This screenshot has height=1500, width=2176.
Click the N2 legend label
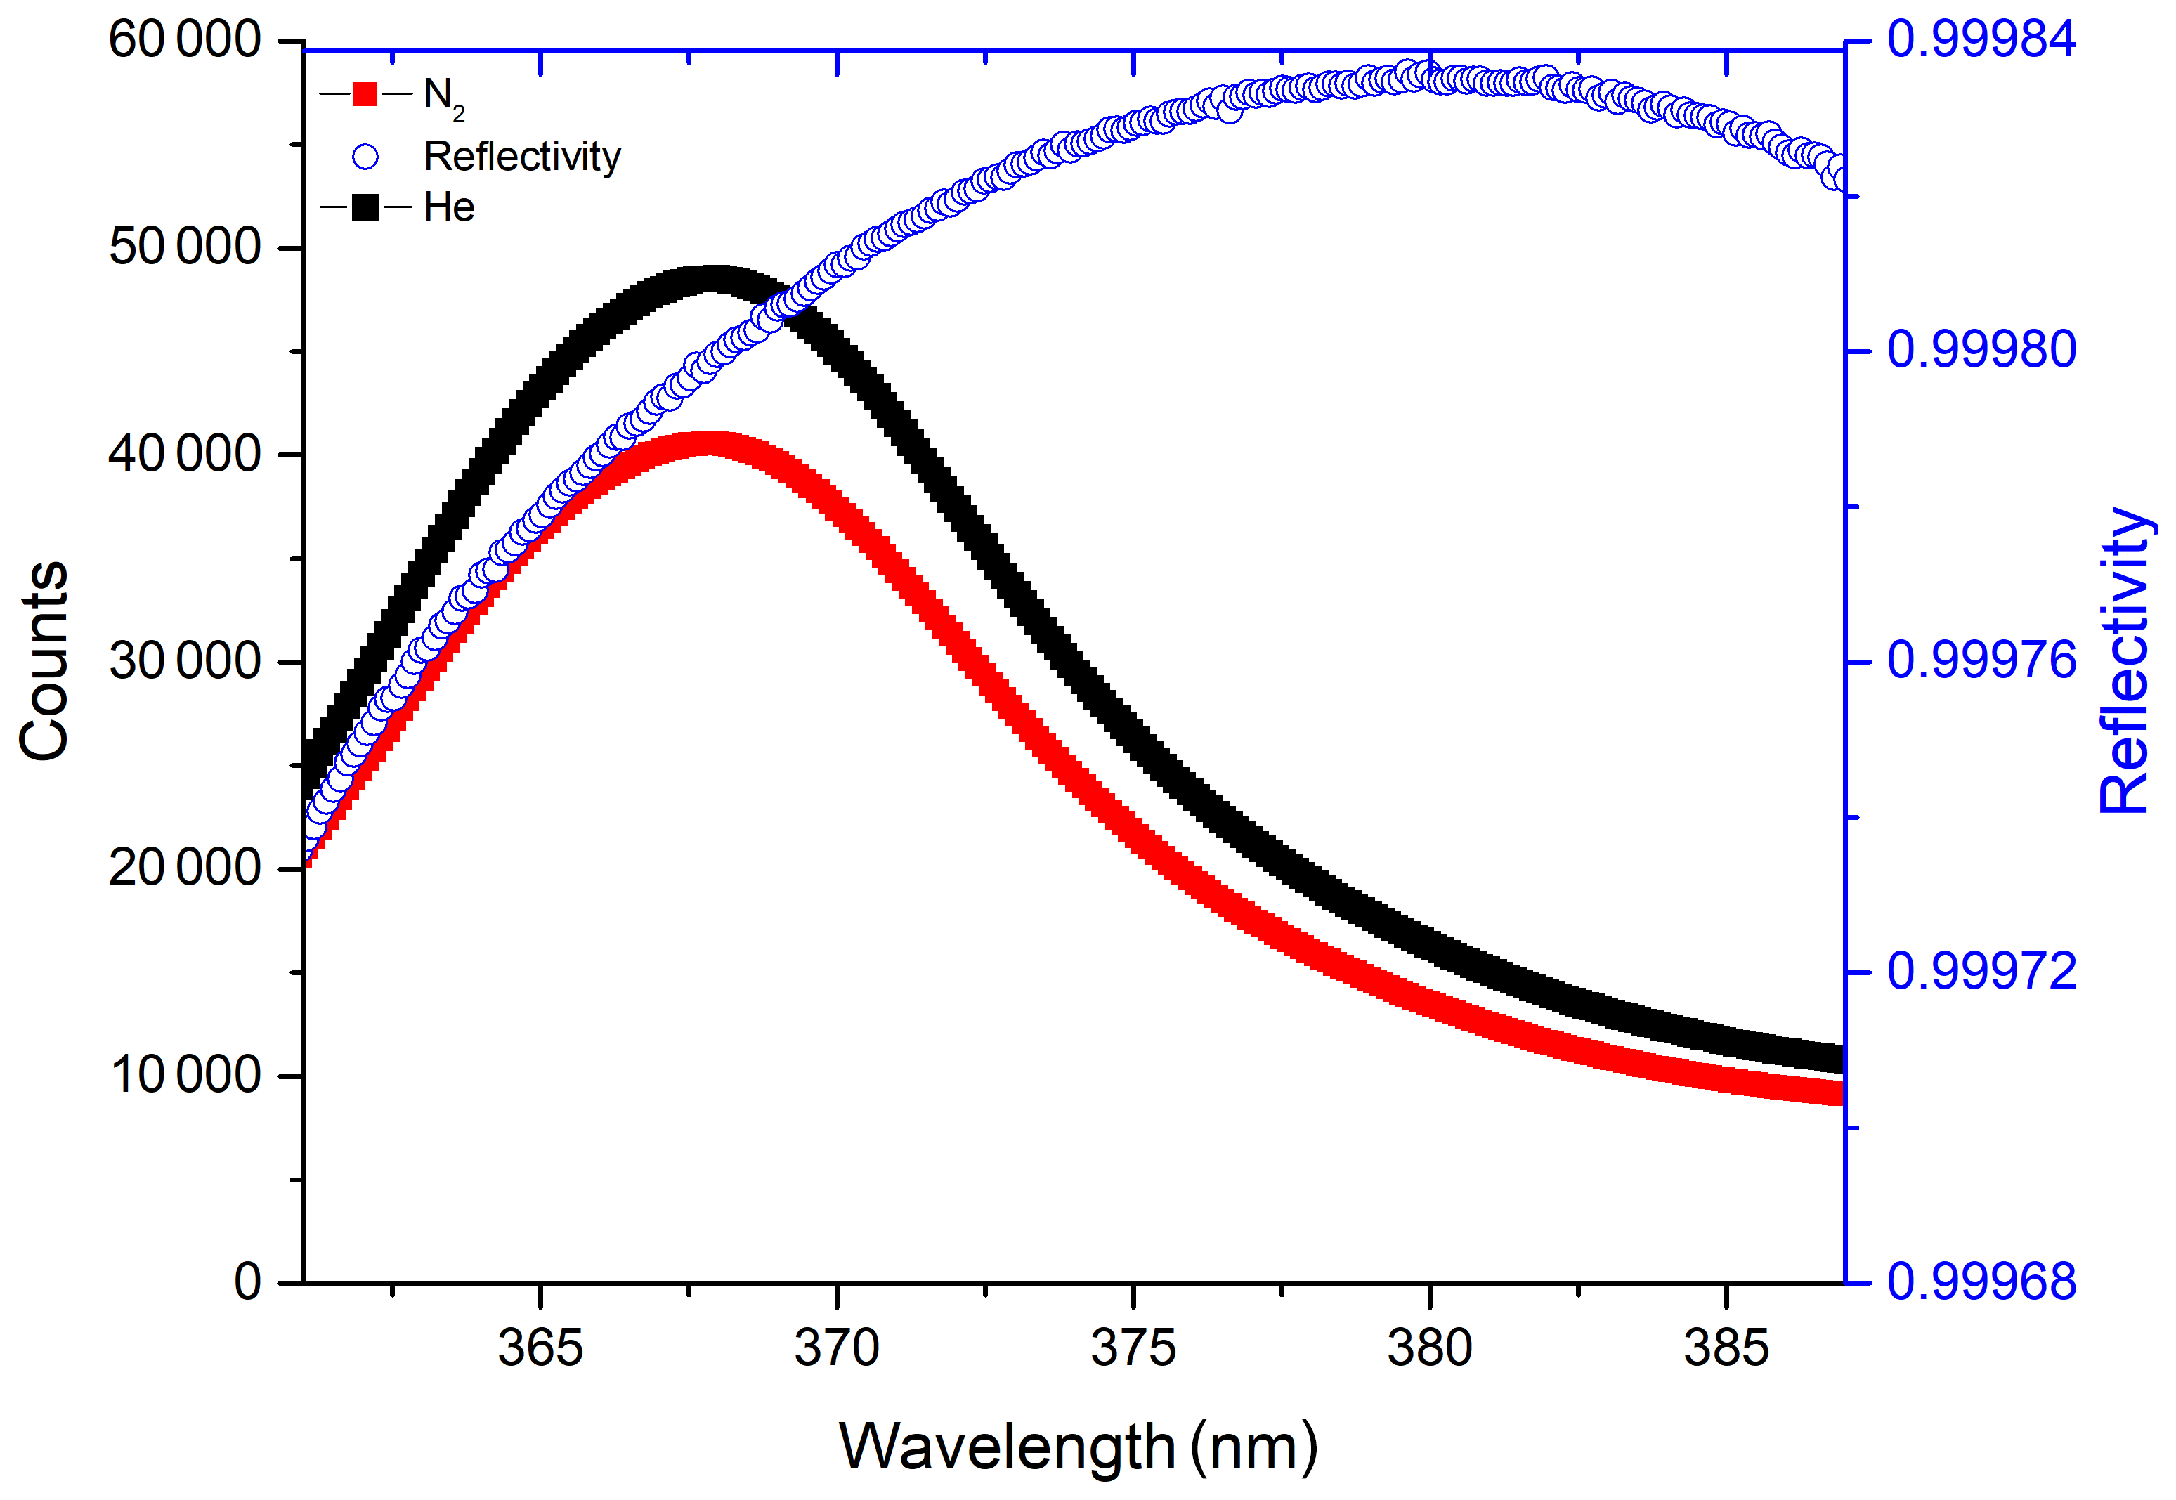click(443, 97)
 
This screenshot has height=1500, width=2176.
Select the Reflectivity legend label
click(521, 156)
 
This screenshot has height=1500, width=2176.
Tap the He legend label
click(448, 207)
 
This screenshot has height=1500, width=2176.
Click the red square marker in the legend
click(365, 94)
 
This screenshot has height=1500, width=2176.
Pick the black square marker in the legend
click(365, 207)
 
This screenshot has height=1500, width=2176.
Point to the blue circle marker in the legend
click(365, 156)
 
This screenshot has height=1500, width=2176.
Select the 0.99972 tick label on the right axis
click(1981, 971)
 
